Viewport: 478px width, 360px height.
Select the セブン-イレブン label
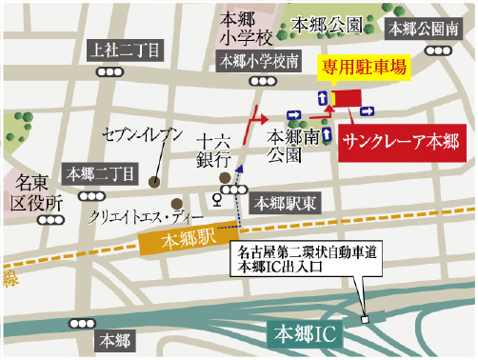click(142, 136)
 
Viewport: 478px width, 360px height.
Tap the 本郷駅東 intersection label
click(279, 202)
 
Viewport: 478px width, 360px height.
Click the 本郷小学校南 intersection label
click(258, 61)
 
